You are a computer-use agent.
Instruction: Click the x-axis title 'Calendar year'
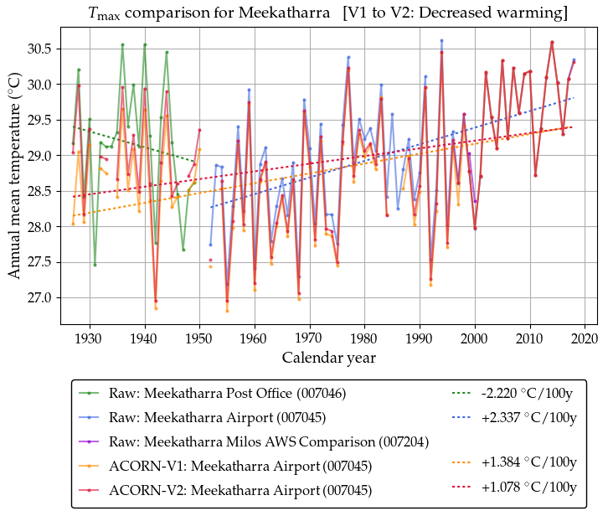tap(328, 358)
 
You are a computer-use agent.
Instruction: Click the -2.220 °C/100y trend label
tap(526, 393)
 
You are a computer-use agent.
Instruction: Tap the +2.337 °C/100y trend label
tap(526, 417)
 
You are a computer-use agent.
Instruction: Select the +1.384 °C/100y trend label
tap(526, 466)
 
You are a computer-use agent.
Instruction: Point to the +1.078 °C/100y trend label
tap(526, 489)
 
